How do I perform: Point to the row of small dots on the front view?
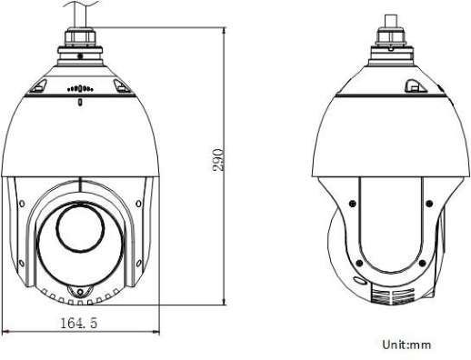tap(79, 90)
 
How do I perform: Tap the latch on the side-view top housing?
tap(412, 85)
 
